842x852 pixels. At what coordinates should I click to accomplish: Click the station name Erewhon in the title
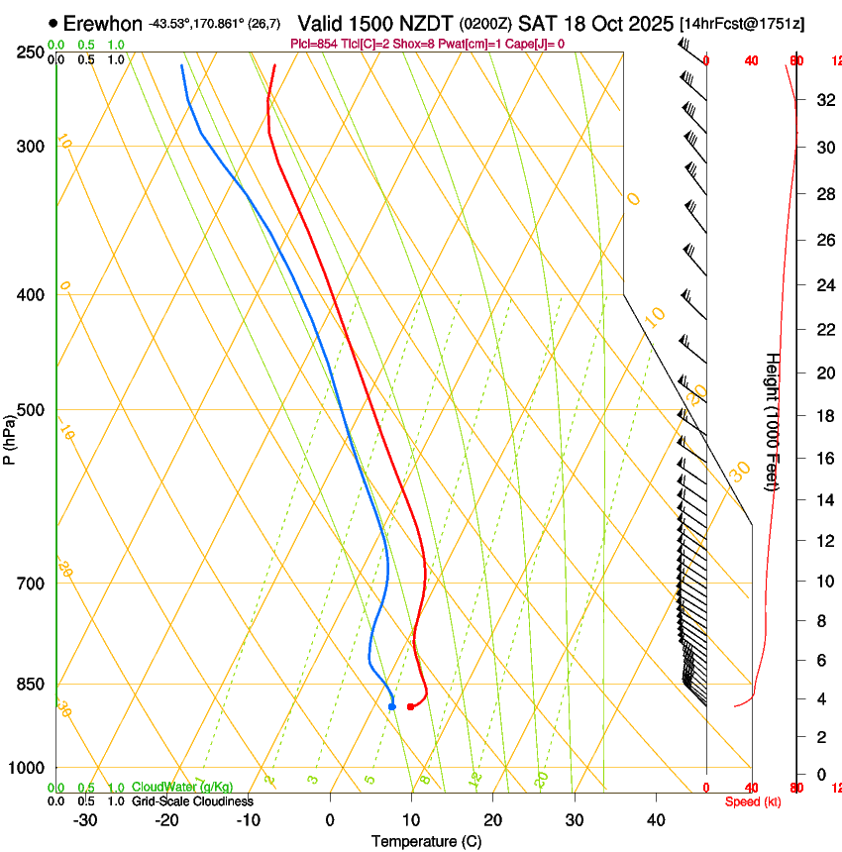[102, 23]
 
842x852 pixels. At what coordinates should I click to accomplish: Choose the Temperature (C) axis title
[426, 841]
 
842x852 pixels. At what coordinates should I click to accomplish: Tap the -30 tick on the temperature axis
[85, 820]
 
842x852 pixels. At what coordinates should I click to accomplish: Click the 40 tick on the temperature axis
[655, 820]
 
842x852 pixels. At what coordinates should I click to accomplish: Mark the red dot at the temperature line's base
[410, 706]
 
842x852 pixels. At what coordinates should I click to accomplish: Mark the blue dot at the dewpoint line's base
[392, 706]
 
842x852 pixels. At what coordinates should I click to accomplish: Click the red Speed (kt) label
[753, 801]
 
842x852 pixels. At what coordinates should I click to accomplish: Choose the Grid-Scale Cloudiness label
[192, 801]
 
